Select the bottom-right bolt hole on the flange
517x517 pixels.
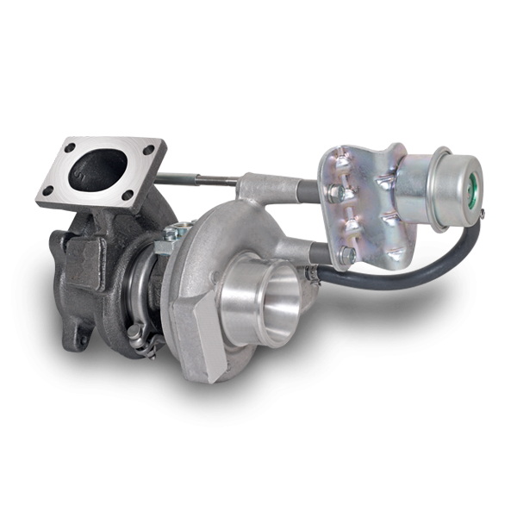(128, 196)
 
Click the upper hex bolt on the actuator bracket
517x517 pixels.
(344, 194)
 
